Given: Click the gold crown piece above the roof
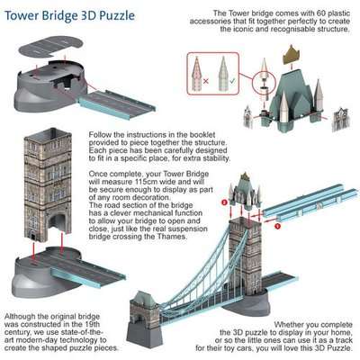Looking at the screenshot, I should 290,56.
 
